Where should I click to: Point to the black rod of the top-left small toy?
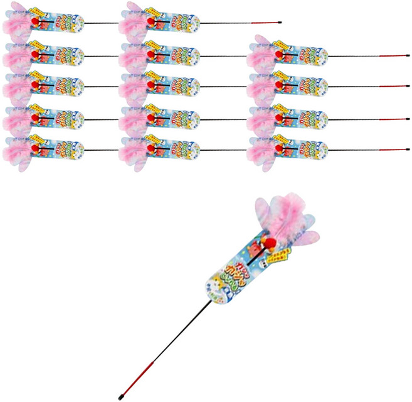click(100, 23)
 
